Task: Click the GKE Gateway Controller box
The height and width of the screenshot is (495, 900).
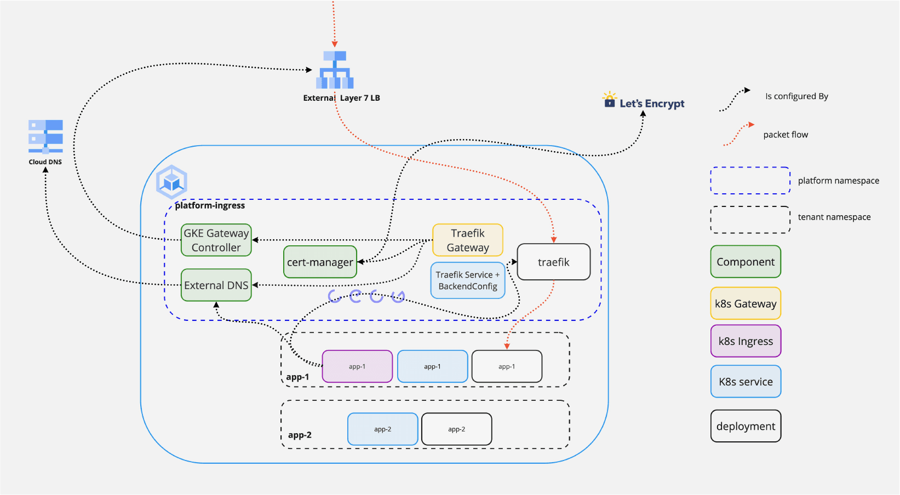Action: tap(216, 240)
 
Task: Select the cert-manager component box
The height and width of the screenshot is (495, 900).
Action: tap(320, 262)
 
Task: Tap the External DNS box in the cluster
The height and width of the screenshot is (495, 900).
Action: tap(216, 285)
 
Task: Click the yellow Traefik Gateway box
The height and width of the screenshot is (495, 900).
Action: tap(467, 240)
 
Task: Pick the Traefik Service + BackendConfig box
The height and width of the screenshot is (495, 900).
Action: tap(467, 280)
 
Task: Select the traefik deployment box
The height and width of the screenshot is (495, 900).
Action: tap(553, 262)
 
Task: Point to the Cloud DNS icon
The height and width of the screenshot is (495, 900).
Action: tap(45, 136)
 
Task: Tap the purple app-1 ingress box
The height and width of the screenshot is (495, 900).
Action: tap(357, 366)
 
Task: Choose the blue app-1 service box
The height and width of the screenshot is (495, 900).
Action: tap(432, 366)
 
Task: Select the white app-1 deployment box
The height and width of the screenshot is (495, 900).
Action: tap(507, 366)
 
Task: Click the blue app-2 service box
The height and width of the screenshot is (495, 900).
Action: tap(382, 429)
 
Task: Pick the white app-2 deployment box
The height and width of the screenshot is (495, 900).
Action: tap(456, 429)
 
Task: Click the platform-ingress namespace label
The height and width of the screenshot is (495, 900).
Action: tap(210, 205)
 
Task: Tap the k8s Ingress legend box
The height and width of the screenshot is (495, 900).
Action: tap(746, 341)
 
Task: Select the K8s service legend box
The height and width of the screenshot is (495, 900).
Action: tap(746, 381)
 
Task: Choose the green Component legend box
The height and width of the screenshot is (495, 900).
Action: tap(746, 262)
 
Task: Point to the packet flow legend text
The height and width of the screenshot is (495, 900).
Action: tap(786, 135)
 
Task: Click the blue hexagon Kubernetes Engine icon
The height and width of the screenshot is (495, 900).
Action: tap(171, 182)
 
